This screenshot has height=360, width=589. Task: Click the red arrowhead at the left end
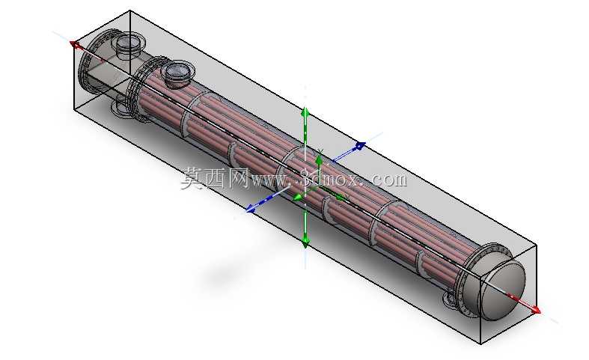[75, 44]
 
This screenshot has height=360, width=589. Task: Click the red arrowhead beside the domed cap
[536, 309]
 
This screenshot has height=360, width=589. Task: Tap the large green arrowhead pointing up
[305, 113]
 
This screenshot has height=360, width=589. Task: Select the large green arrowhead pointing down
[305, 241]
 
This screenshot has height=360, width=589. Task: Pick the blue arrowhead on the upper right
[360, 145]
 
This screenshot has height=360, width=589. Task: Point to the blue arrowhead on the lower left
[251, 207]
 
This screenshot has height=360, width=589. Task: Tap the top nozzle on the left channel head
[129, 45]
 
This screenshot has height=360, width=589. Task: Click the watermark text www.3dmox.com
[329, 179]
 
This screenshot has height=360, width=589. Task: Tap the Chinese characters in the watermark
[215, 178]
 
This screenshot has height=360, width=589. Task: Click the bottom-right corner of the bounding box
[481, 344]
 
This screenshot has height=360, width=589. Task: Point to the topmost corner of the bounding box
[129, 10]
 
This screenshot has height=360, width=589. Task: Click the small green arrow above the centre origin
[319, 162]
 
